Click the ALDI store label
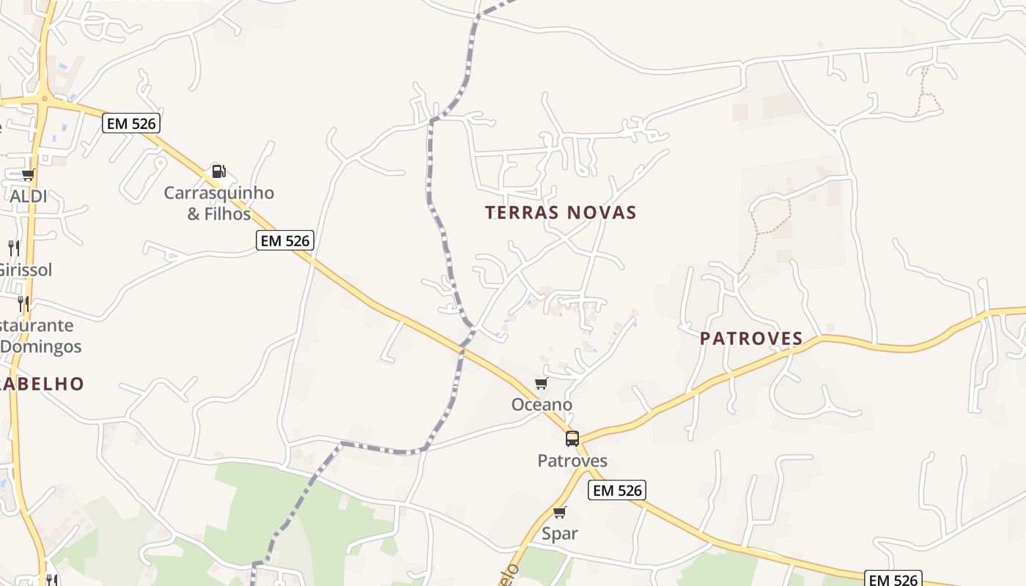pos(29,196)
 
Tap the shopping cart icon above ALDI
pos(28,175)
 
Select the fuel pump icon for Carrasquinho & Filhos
pos(218,171)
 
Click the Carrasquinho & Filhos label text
pos(218,204)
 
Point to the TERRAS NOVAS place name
pos(561,213)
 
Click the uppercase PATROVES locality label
pos(751,338)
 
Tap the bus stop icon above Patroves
pos(572,439)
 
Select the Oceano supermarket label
pos(542,404)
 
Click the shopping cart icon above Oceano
pos(542,384)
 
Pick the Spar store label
pos(560,533)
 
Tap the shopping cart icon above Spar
pos(560,512)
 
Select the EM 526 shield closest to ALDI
pos(131,123)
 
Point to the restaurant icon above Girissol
pos(13,248)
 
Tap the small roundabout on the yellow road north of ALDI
pos(45,99)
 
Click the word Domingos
pos(41,346)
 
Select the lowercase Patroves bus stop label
pos(572,461)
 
